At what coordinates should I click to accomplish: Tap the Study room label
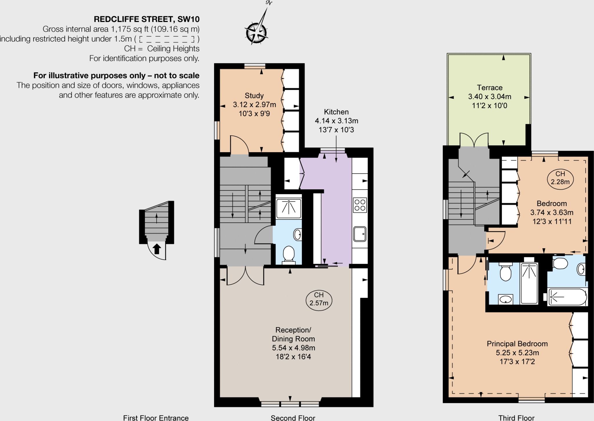254,96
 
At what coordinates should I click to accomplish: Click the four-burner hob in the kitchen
360,205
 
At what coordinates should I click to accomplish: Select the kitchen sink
360,234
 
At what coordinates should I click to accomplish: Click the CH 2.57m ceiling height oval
319,299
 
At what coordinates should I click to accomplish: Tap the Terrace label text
490,88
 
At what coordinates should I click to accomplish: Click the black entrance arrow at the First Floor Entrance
157,249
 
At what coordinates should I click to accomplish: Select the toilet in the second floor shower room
288,254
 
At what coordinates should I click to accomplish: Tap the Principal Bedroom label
517,344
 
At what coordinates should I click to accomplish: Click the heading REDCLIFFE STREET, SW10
146,19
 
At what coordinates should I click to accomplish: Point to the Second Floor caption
293,418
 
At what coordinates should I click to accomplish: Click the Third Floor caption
516,418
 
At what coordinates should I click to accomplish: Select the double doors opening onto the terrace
474,140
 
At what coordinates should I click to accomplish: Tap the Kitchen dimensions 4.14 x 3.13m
336,121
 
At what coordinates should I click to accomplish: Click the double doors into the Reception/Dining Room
245,276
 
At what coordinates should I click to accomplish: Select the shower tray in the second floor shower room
289,208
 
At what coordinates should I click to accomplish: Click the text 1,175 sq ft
130,29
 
